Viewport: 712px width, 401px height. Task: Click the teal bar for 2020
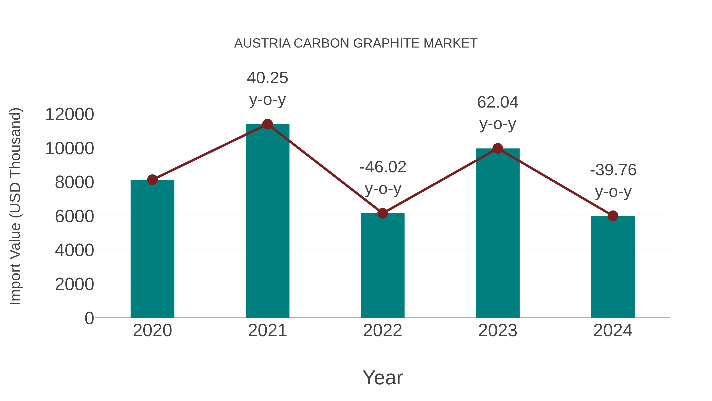pyautogui.click(x=152, y=249)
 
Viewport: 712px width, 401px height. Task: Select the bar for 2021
pyautogui.click(x=267, y=221)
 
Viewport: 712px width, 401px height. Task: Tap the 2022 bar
pyautogui.click(x=383, y=266)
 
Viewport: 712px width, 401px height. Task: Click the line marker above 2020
pyautogui.click(x=152, y=180)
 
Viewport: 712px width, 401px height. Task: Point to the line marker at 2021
pyautogui.click(x=267, y=124)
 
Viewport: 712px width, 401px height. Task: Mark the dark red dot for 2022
pyautogui.click(x=383, y=213)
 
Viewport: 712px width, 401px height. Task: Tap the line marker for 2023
pyautogui.click(x=498, y=149)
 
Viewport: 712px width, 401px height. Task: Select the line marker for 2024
pyautogui.click(x=613, y=216)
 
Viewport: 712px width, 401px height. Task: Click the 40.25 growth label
pyautogui.click(x=267, y=78)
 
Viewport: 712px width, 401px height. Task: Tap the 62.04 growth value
pyautogui.click(x=498, y=102)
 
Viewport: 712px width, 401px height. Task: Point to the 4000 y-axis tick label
pyautogui.click(x=74, y=250)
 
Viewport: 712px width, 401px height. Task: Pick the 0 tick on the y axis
pyautogui.click(x=89, y=318)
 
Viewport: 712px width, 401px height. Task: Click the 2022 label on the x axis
pyautogui.click(x=383, y=331)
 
